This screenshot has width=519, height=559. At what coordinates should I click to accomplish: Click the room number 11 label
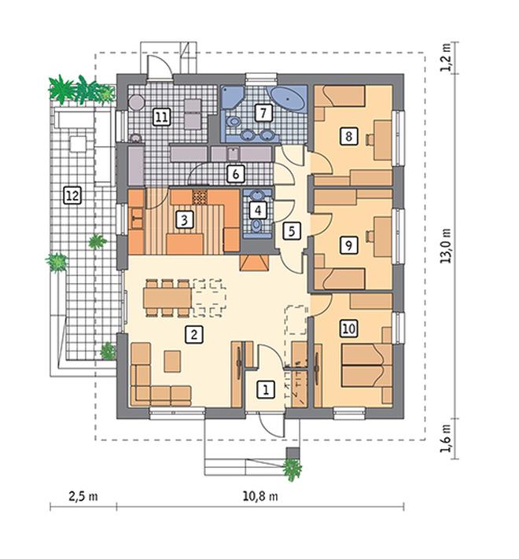(x=162, y=117)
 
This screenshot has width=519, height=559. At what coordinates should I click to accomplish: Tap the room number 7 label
(x=263, y=112)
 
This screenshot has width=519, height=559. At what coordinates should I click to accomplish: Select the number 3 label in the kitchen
(x=185, y=220)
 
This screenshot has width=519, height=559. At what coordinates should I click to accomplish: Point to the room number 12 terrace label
(x=72, y=195)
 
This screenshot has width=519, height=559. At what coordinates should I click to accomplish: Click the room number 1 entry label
(x=266, y=390)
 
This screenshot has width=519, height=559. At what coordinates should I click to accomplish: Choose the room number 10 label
(x=348, y=329)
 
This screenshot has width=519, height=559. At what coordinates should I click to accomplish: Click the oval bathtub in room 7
(x=288, y=98)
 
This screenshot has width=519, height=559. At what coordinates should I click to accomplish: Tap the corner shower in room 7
(x=233, y=97)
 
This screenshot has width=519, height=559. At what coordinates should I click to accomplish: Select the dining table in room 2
(x=168, y=298)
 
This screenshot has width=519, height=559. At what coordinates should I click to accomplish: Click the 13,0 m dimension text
(x=446, y=246)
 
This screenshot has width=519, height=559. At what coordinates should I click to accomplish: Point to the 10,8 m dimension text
(x=260, y=496)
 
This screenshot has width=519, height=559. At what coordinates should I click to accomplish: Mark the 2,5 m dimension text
(x=83, y=496)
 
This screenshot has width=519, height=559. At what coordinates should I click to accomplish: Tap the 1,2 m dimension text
(x=446, y=58)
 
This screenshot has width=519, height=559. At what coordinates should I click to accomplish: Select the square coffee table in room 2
(x=172, y=361)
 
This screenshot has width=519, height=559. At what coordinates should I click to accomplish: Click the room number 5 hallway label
(x=292, y=231)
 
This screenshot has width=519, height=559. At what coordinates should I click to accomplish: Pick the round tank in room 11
(x=136, y=103)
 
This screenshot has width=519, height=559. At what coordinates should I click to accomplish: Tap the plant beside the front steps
(x=293, y=469)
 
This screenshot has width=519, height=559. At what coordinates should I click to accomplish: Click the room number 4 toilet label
(x=258, y=211)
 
